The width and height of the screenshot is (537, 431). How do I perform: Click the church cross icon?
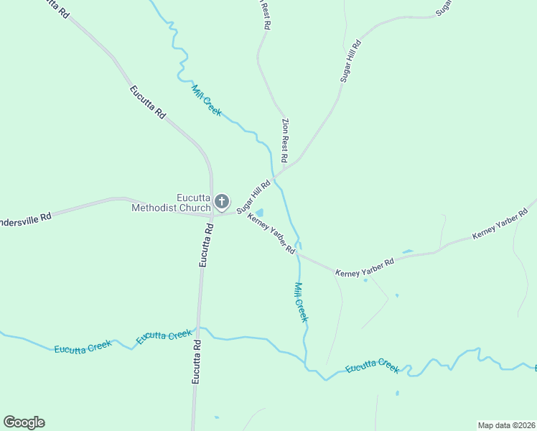[223, 201]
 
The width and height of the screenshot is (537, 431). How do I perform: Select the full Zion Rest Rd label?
[285, 139]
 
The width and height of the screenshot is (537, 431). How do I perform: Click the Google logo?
[24, 422]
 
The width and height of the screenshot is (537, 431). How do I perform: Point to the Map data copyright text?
[506, 425]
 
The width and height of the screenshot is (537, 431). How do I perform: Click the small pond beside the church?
[258, 213]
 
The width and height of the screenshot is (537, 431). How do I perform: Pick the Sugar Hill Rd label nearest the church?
[253, 192]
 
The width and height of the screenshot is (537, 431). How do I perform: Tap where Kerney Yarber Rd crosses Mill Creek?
[299, 254]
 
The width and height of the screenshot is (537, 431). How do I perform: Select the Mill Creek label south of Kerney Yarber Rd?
[300, 301]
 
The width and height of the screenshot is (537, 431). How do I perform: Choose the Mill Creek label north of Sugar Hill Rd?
[207, 101]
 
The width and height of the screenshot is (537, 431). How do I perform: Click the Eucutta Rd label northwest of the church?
[148, 102]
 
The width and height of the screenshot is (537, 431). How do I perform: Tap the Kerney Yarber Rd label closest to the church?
[271, 233]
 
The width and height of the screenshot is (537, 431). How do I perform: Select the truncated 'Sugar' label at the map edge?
[443, 8]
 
